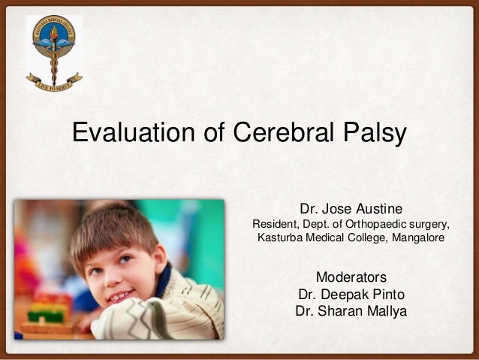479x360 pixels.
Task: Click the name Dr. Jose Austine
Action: (x=351, y=207)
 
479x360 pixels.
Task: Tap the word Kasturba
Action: (x=281, y=238)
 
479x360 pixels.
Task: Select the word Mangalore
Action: (x=415, y=238)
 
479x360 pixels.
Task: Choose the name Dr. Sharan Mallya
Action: (x=351, y=310)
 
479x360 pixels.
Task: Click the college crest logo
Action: (x=53, y=45)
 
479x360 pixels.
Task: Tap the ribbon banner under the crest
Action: (x=53, y=81)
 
